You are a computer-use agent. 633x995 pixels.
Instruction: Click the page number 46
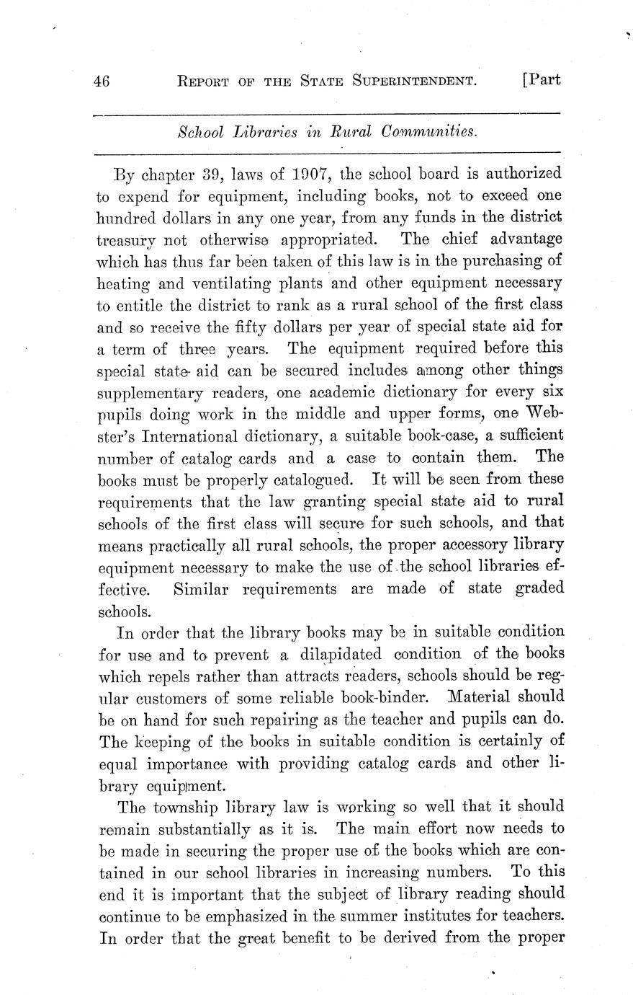(102, 81)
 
